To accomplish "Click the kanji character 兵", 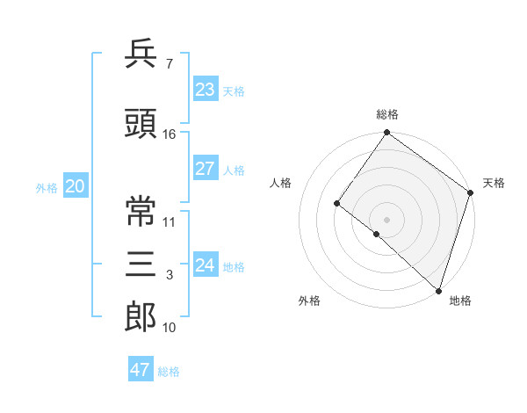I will (x=141, y=55).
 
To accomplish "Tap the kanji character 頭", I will (x=141, y=123).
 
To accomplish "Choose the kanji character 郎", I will (x=141, y=317).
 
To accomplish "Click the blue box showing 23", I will (x=206, y=90).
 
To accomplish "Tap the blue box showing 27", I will (x=206, y=170).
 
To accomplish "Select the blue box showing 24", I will (x=206, y=265).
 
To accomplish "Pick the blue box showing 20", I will (x=75, y=186).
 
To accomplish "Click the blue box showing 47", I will (x=141, y=370).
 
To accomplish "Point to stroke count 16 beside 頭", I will (x=170, y=134).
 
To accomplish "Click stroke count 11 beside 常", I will (x=170, y=221).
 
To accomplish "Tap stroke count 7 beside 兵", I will (x=170, y=64).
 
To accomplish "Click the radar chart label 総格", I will (x=387, y=114).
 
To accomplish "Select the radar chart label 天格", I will (x=494, y=183).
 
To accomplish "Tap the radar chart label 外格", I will (x=309, y=301).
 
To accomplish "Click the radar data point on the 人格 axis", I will (x=336, y=203).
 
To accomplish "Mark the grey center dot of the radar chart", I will (x=386, y=219).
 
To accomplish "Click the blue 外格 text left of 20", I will (x=47, y=187).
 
